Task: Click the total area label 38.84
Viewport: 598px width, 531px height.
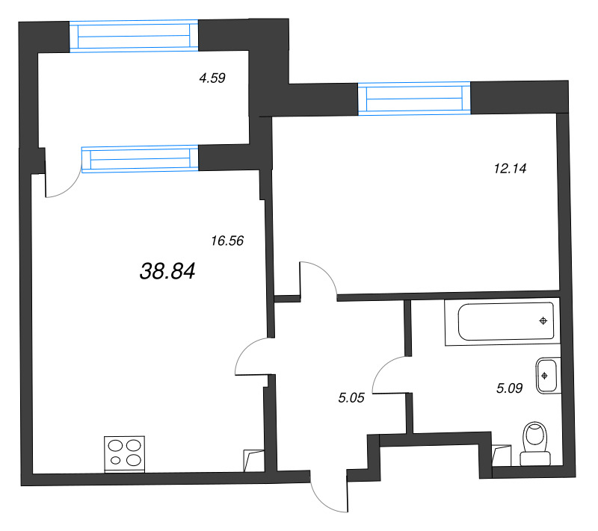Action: pyautogui.click(x=167, y=271)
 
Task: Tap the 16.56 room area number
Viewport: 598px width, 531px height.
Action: pyautogui.click(x=227, y=240)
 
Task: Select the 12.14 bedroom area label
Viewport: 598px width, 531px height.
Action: pyautogui.click(x=510, y=168)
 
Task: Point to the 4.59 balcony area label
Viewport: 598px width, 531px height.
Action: pyautogui.click(x=212, y=78)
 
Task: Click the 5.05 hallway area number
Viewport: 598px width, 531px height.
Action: pyautogui.click(x=351, y=398)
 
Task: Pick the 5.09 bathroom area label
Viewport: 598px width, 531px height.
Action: pyautogui.click(x=509, y=388)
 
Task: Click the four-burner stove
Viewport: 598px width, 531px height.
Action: pyautogui.click(x=124, y=454)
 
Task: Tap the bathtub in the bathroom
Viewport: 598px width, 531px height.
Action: pyautogui.click(x=502, y=322)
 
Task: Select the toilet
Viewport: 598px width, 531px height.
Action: pyautogui.click(x=535, y=444)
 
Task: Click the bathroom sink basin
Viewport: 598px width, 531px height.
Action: pyautogui.click(x=547, y=376)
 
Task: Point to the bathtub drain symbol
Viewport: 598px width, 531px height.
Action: pyautogui.click(x=543, y=320)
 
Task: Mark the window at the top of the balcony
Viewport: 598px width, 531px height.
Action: pyautogui.click(x=134, y=36)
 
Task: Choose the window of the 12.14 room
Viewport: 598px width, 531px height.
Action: pyautogui.click(x=414, y=99)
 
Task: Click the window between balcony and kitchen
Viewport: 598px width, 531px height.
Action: pyautogui.click(x=140, y=159)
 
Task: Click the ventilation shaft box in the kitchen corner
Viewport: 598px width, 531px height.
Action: pyautogui.click(x=253, y=461)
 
